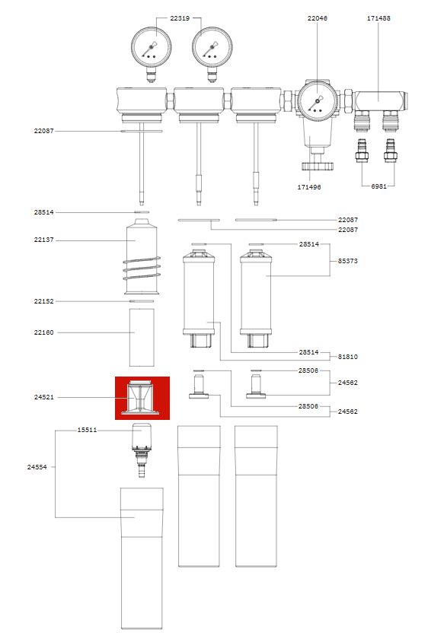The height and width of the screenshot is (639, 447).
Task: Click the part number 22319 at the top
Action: coord(180,17)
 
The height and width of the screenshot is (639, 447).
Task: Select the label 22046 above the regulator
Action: coord(318,17)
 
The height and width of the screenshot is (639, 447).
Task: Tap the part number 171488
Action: coord(378,17)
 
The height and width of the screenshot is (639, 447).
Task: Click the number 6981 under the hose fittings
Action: coord(378,186)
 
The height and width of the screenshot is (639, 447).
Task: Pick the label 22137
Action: coord(43,240)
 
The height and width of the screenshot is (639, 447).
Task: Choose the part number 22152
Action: coord(43,301)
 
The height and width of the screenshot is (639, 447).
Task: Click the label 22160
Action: coord(43,332)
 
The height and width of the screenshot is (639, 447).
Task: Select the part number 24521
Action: coord(43,397)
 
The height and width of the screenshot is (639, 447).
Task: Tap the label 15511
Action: coord(87,430)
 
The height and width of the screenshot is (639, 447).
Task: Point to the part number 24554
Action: coord(37,467)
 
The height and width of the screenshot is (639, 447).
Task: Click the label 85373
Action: coord(348,261)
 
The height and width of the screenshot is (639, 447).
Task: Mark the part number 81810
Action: coord(348,356)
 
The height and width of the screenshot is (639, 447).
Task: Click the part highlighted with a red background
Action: coord(142,398)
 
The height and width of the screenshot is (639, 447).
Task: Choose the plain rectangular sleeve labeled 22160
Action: coord(142,336)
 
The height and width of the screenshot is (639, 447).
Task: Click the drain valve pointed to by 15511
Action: coord(142,449)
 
